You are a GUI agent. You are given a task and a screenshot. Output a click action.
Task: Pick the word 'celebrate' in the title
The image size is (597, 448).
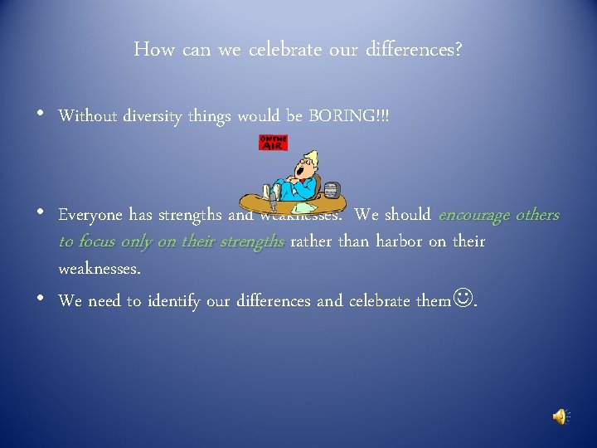tap(284, 50)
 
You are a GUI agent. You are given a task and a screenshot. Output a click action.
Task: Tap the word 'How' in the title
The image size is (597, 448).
tap(153, 50)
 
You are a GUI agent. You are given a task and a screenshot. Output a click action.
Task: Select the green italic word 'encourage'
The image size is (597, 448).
tap(473, 215)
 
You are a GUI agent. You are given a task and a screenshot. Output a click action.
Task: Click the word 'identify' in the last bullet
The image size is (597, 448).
tap(177, 300)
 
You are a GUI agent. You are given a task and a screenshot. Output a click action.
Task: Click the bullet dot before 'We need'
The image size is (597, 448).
tap(42, 299)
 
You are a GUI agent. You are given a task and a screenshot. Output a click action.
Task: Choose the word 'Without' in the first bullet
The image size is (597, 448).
tap(87, 116)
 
